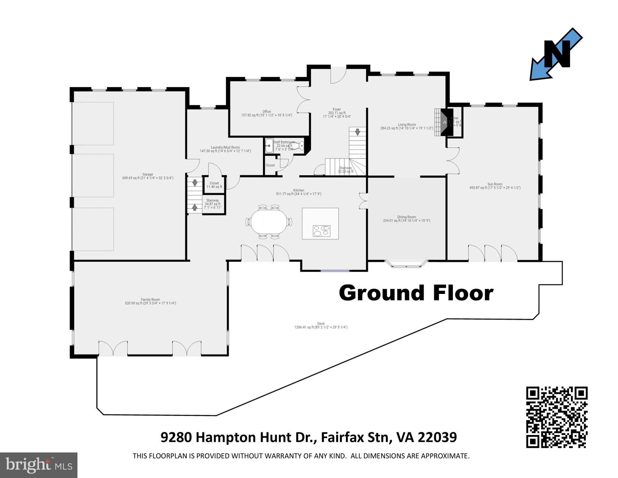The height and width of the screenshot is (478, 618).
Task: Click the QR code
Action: [x=556, y=417]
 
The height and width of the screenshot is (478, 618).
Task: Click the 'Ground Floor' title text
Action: [x=416, y=293]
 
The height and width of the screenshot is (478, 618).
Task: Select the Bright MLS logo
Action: [x=39, y=465]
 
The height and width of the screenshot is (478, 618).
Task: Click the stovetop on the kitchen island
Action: [x=321, y=231]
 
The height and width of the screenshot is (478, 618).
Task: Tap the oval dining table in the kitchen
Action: [x=269, y=222]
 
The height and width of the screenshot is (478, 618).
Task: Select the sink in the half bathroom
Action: [x=269, y=145]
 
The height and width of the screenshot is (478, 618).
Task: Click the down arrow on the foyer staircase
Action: [x=358, y=132]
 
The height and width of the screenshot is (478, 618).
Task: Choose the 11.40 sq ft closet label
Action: [x=214, y=185]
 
